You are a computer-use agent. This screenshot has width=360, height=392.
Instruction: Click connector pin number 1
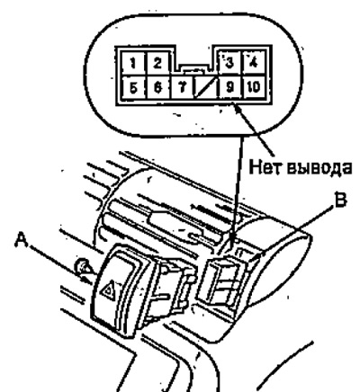(133, 63)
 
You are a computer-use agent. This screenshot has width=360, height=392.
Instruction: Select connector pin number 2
(158, 63)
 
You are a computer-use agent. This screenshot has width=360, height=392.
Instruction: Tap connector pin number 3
(230, 63)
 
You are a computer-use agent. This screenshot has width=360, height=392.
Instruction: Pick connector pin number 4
(254, 63)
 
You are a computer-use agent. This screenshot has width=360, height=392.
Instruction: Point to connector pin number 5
(133, 87)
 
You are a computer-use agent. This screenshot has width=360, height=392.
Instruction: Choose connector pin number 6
(158, 87)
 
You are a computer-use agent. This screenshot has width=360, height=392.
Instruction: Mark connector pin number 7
(183, 87)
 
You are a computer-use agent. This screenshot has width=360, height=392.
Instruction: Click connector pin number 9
(230, 87)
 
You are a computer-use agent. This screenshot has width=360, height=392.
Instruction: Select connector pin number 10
(254, 87)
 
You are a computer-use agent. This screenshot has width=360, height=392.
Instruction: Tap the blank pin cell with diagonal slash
(206, 87)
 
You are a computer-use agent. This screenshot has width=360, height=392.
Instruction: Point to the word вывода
(319, 167)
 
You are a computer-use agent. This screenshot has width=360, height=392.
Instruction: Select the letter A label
(22, 240)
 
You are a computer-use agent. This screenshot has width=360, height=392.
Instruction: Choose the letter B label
(340, 200)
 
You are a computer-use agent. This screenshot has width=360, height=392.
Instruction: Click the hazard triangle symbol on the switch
(108, 290)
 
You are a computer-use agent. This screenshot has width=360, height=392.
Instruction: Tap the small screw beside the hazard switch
(82, 266)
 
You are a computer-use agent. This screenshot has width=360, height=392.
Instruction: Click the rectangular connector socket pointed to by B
(223, 281)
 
